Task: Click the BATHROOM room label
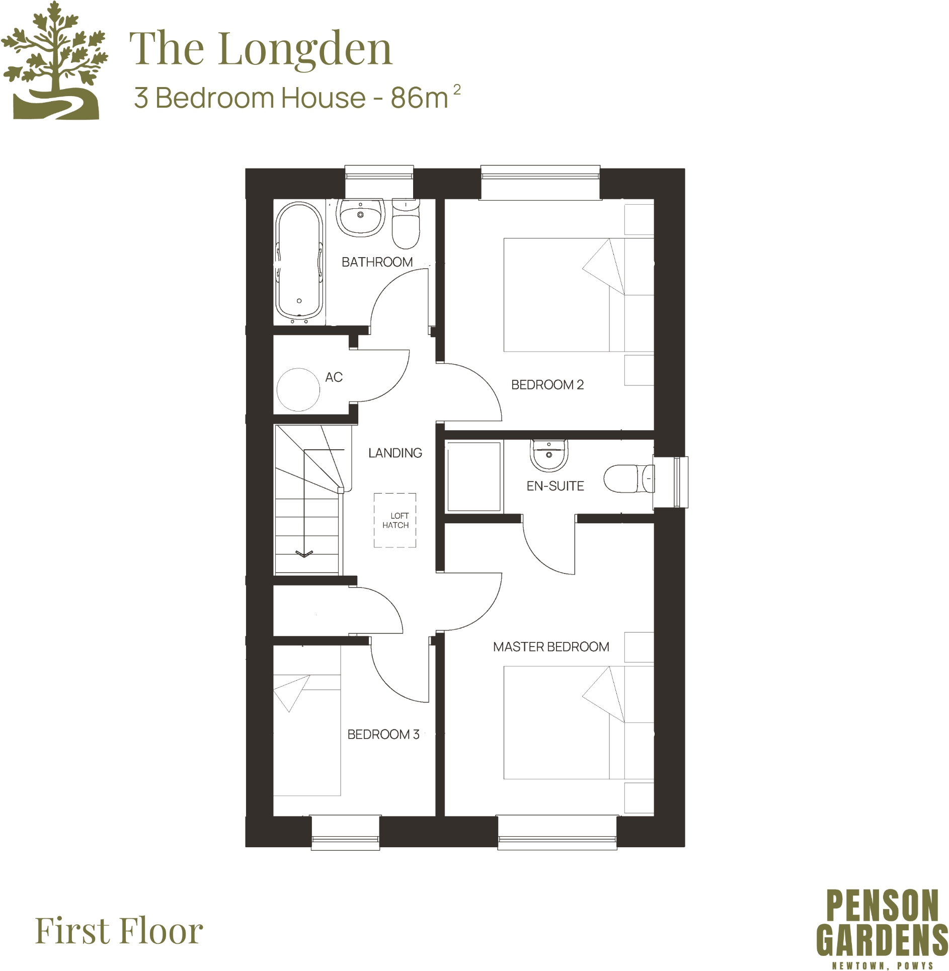click(x=377, y=262)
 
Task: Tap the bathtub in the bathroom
click(x=299, y=262)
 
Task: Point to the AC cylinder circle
click(x=298, y=390)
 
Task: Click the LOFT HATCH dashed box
click(x=395, y=521)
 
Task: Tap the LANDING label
click(x=395, y=453)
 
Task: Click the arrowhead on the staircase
click(x=304, y=554)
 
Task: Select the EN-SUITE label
click(x=555, y=487)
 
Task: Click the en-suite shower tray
click(x=473, y=476)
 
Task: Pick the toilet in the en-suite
click(x=628, y=478)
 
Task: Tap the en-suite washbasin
click(x=549, y=455)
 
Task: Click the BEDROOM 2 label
click(x=547, y=385)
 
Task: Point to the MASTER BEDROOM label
click(x=551, y=647)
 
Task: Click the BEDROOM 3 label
click(x=383, y=735)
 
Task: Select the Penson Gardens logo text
click(x=882, y=923)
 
